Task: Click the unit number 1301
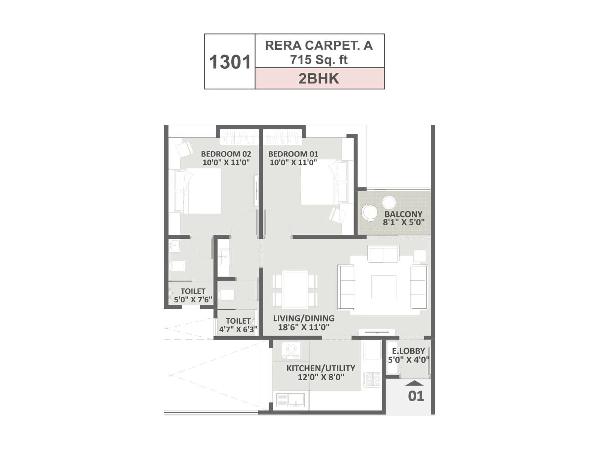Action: tap(229, 62)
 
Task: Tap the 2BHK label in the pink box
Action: tap(319, 79)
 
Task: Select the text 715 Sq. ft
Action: tap(319, 59)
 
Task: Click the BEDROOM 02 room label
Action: tap(226, 154)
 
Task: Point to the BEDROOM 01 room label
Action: tap(294, 154)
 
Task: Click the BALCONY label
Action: tap(403, 214)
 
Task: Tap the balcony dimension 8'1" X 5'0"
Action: tap(404, 222)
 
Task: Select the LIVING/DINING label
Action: tap(304, 318)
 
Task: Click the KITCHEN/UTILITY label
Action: tap(321, 368)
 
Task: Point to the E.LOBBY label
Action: tap(408, 351)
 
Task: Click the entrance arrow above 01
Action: tap(414, 383)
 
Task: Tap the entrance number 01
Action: tap(416, 396)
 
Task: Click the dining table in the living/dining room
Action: tap(295, 290)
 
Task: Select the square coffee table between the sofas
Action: tap(384, 287)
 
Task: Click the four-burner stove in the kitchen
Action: tap(373, 378)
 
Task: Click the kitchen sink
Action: tap(291, 400)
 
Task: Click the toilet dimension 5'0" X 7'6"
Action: tap(193, 300)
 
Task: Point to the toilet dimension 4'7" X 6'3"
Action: tap(238, 330)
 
